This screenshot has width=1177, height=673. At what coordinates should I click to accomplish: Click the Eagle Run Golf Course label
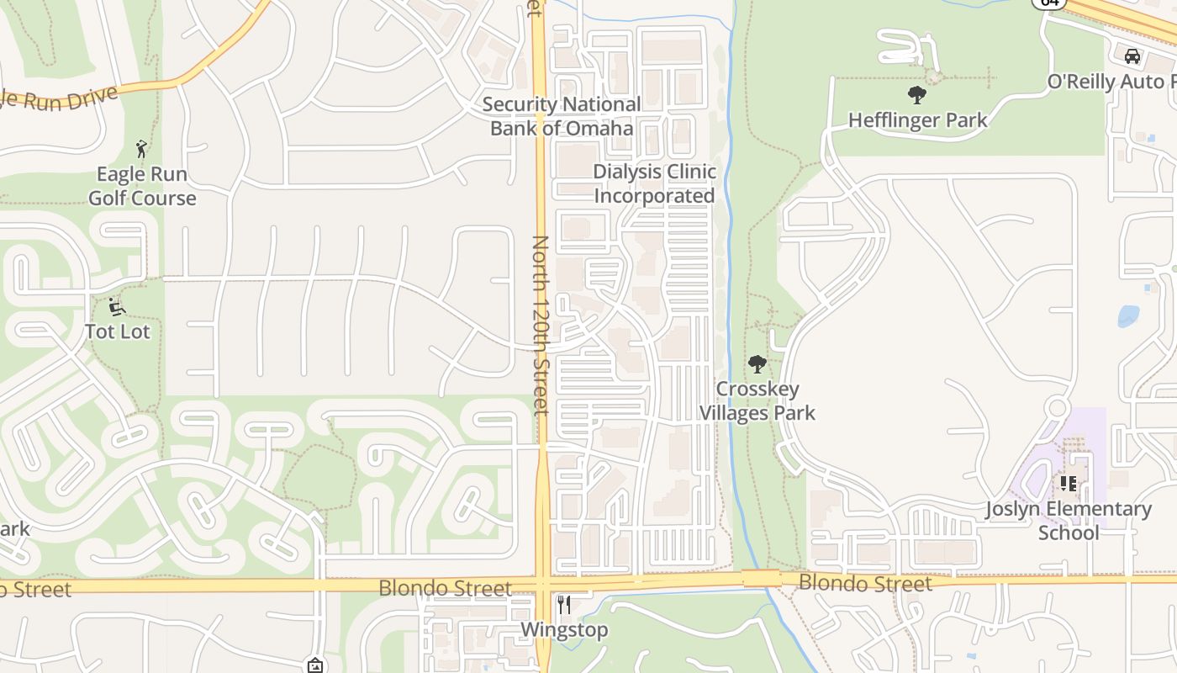tap(142, 186)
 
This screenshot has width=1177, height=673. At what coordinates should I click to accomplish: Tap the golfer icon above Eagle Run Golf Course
tap(141, 150)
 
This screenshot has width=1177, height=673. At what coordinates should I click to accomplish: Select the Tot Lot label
tap(118, 331)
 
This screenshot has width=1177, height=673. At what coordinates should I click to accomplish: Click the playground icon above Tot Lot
tap(117, 306)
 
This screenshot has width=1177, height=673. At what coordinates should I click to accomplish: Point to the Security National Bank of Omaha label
tap(562, 116)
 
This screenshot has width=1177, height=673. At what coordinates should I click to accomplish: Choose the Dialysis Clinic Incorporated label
tap(654, 183)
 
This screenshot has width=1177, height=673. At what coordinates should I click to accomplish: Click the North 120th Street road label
tap(540, 325)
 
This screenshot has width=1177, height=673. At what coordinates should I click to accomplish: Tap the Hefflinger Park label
tap(917, 120)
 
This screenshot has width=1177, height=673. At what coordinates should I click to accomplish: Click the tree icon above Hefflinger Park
tap(917, 94)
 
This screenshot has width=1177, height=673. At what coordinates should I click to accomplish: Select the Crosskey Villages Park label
tap(757, 400)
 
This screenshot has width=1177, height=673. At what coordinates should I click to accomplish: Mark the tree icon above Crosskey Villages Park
tap(757, 364)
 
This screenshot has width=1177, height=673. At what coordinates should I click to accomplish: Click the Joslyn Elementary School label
tap(1069, 521)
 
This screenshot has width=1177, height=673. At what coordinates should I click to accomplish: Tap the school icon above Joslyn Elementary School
tap(1069, 484)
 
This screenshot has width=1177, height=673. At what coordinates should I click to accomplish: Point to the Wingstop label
tap(564, 630)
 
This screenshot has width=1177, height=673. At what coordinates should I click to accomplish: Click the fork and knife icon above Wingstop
tap(564, 605)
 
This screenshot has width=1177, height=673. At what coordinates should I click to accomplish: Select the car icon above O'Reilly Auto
tap(1132, 56)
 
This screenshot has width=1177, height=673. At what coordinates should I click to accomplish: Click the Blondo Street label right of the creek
tap(865, 583)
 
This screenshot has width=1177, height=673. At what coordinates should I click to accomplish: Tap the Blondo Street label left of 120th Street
tap(445, 587)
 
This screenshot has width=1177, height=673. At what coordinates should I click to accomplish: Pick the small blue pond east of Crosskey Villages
tap(1128, 316)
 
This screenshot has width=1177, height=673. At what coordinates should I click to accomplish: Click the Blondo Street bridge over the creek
tap(761, 578)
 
